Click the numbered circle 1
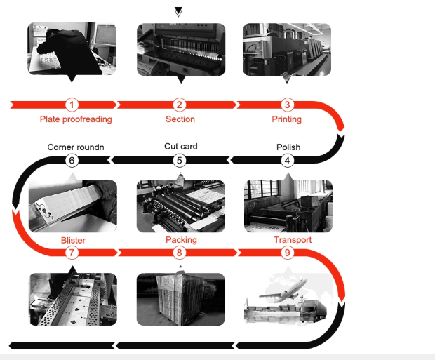pos(72,105)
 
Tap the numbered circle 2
pos(180,105)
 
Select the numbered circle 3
pos(287,105)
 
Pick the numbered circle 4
pos(287,160)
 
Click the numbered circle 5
pos(180,160)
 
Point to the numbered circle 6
pos(72,160)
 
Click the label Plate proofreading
pos(76,119)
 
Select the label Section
pos(180,119)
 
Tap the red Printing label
pos(287,119)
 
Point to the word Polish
pos(288,147)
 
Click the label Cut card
pos(180,147)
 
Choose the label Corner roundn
pos(76,147)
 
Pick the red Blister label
pos(73,240)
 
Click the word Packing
pos(181,240)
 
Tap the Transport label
pos(293,240)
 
